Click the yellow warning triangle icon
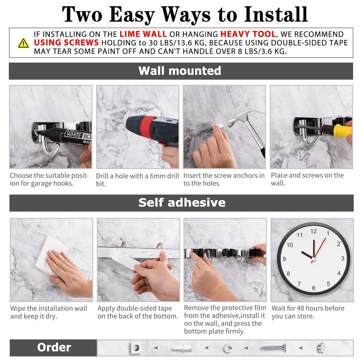[x=23, y=43]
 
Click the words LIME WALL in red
[x=143, y=34]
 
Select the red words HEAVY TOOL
[x=248, y=34]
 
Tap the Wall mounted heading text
[x=180, y=71]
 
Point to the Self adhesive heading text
[x=182, y=203]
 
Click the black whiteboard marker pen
[x=69, y=136]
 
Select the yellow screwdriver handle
[x=342, y=130]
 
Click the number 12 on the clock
[x=313, y=231]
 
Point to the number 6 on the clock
[x=314, y=288]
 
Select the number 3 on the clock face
[x=343, y=258]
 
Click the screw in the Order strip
[x=273, y=348]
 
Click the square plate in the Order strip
[x=136, y=348]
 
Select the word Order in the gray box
[x=54, y=347]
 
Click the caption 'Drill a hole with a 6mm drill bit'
[x=137, y=179]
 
